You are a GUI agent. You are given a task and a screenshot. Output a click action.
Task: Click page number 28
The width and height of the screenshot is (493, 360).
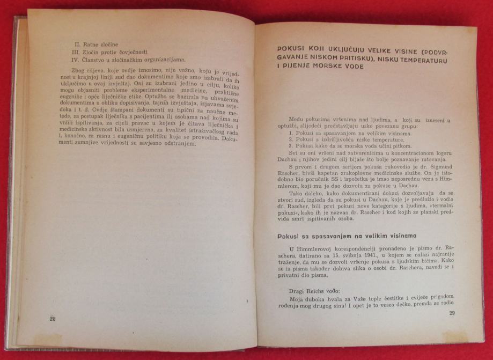pos(53,318)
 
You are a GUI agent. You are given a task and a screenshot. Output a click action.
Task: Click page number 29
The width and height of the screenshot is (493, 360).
pos(452,313)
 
